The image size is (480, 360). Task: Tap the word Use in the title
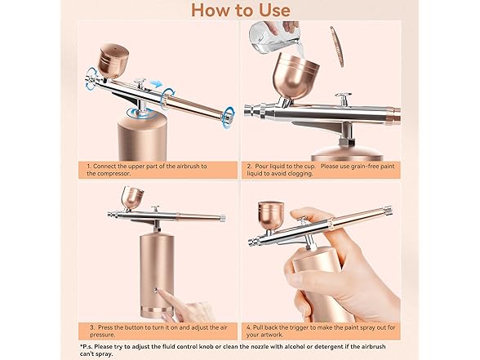(x=270, y=10)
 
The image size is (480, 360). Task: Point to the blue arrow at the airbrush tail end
(x=227, y=113)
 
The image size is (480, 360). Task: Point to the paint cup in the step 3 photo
(x=132, y=198)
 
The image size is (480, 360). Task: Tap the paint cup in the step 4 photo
(x=271, y=215)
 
